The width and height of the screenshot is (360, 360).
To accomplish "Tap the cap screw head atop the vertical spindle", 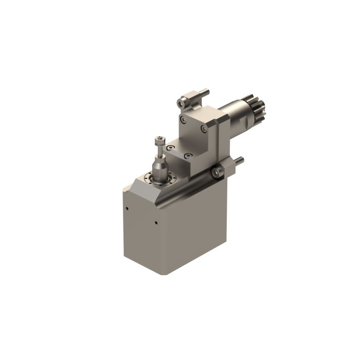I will [x=160, y=138].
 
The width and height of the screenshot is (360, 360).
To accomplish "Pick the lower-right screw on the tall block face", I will [x=204, y=127].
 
